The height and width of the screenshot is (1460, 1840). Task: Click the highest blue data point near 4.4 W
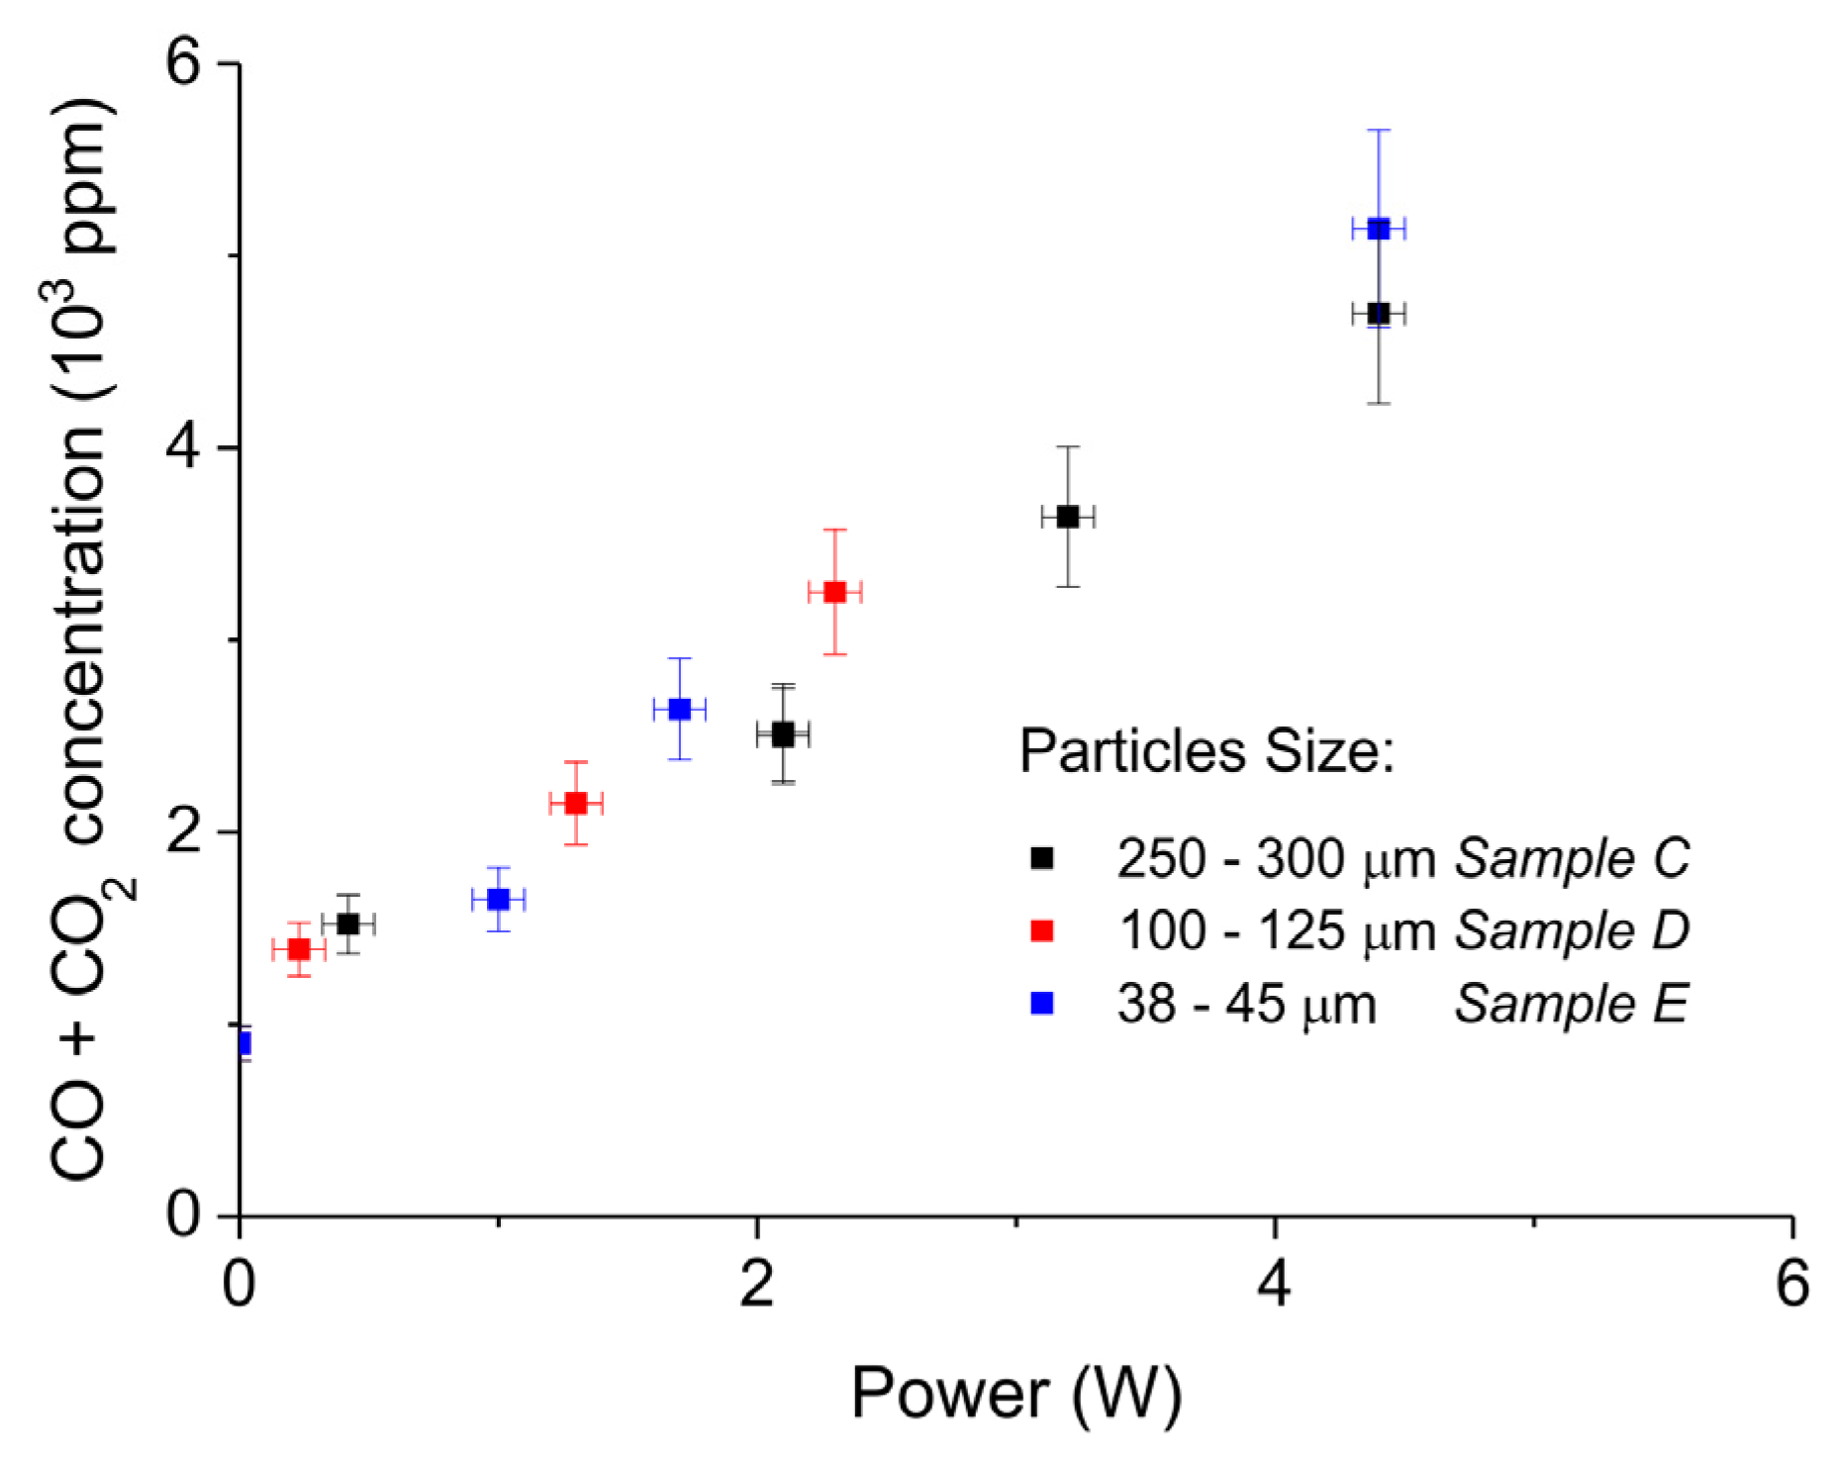coord(1378,229)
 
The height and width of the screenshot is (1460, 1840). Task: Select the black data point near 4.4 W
coord(1378,314)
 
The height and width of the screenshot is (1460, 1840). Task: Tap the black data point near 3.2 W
coord(1067,517)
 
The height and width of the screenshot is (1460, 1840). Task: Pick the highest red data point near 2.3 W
coord(834,592)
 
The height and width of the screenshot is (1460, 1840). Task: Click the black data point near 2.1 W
coord(782,734)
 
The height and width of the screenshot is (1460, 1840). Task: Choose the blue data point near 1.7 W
coord(679,709)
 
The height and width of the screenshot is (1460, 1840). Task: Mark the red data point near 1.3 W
coord(575,803)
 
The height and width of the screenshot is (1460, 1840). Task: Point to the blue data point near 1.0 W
coord(498,899)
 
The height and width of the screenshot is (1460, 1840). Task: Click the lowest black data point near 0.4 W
coord(347,924)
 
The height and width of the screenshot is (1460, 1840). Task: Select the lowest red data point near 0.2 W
coord(298,949)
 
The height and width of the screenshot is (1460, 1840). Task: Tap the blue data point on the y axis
coord(243,1043)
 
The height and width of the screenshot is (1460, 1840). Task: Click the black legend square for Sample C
coord(1041,858)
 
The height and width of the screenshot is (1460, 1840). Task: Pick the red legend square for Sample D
coord(1041,930)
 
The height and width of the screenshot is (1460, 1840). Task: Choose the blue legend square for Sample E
coord(1041,1004)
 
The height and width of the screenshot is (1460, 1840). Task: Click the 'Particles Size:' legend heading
coord(1207,752)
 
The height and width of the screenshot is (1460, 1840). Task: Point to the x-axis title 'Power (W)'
coord(1017,1394)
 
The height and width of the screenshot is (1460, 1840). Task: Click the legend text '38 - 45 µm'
coord(1246,1005)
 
